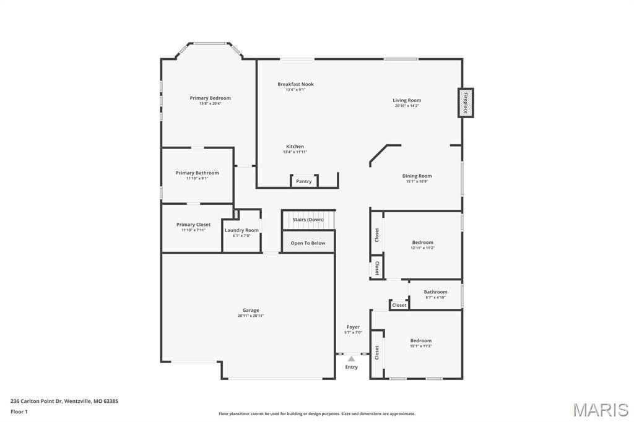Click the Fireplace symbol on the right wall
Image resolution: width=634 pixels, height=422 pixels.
[466, 103]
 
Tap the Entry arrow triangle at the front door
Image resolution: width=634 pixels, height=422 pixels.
[351, 359]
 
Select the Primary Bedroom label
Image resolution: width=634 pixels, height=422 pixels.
[210, 98]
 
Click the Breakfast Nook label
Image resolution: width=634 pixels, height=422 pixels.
[295, 84]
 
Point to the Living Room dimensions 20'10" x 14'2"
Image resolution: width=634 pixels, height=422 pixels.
[407, 106]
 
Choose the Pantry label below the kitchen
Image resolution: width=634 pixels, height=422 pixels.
[304, 181]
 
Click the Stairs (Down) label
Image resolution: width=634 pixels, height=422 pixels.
[308, 220]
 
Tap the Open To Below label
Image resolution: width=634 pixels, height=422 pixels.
[308, 243]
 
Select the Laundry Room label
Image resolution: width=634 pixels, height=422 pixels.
[241, 230]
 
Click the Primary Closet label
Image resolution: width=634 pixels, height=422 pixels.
[193, 225]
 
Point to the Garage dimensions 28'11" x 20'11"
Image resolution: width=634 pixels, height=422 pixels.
[251, 316]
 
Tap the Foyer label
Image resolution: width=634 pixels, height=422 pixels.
[353, 327]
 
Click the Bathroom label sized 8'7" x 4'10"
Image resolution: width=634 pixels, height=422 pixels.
[435, 292]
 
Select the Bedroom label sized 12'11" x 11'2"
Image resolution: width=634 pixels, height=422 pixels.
[423, 243]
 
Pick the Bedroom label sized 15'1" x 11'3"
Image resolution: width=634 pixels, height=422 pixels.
[420, 340]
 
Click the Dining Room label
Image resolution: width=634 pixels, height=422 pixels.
[417, 176]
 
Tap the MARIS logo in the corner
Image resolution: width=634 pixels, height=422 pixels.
[600, 410]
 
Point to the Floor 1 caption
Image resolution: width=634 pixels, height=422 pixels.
[19, 411]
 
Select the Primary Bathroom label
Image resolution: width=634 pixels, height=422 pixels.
[197, 173]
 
